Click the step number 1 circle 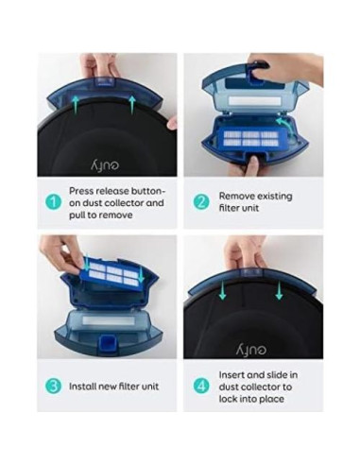click(55, 201)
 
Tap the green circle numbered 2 click(200, 201)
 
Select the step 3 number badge click(55, 386)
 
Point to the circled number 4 click(200, 386)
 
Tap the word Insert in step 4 click(233, 373)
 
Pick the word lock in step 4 click(231, 398)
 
